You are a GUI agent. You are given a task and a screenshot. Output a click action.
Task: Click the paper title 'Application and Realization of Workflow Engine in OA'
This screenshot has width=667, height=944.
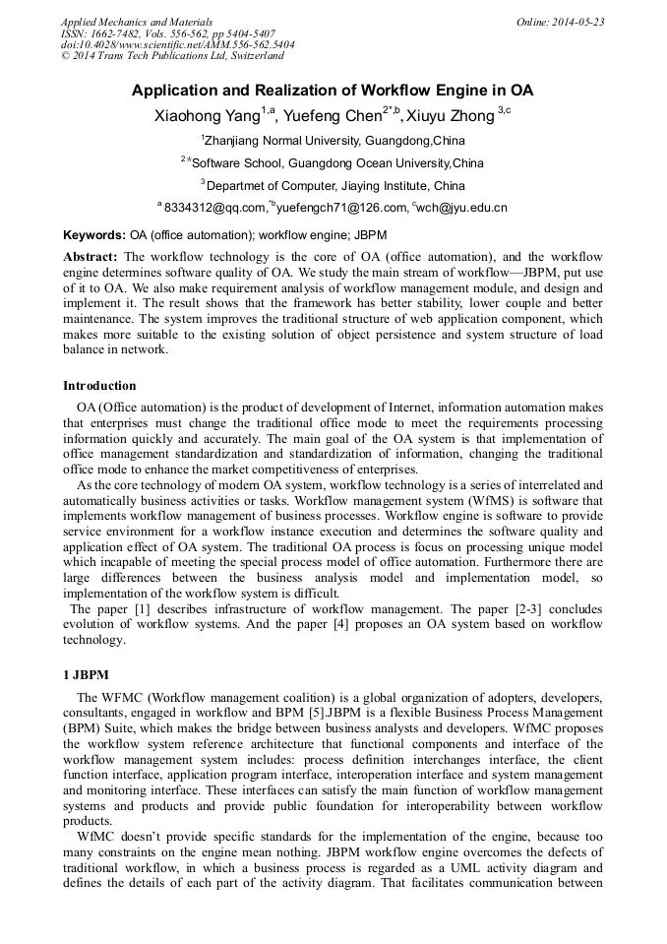(333, 91)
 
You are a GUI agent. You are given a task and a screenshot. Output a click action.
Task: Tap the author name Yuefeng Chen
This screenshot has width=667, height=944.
(332, 116)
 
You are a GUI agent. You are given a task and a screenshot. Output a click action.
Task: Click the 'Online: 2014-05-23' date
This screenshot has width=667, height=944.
(560, 22)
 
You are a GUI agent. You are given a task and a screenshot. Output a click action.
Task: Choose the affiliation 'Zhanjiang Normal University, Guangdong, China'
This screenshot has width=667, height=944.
(334, 141)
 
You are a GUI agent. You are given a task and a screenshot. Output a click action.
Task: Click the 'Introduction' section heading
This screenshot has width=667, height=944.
(99, 385)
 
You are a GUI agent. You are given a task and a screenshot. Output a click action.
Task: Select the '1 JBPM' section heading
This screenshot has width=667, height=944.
(86, 675)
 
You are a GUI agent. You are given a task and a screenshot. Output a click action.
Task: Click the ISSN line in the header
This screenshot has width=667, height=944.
(167, 33)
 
